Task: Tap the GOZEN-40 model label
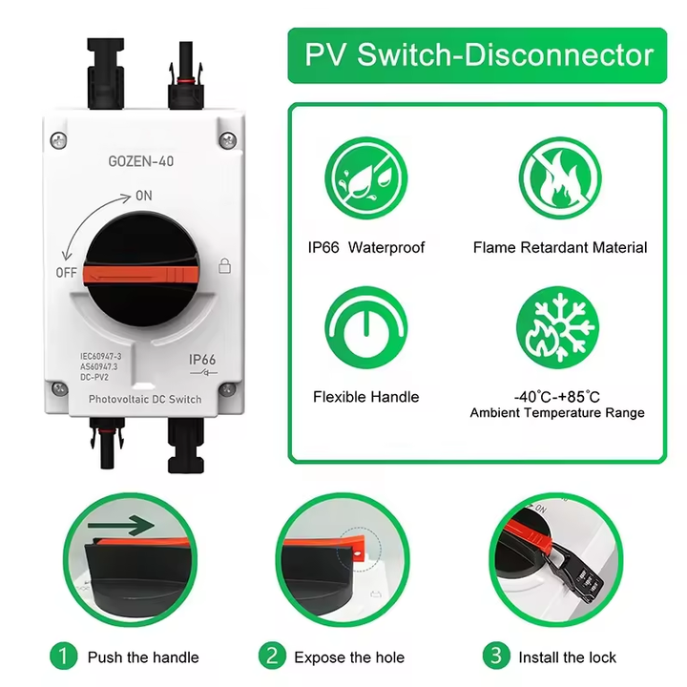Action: [x=141, y=161]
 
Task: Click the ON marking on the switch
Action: [x=144, y=195]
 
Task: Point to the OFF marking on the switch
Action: [x=66, y=272]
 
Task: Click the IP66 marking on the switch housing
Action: [x=202, y=360]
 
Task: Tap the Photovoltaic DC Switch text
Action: [x=145, y=399]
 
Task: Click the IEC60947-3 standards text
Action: [x=101, y=356]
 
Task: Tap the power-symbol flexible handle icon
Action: [x=365, y=329]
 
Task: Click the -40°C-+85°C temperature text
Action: [x=557, y=396]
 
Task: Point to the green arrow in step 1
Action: [x=119, y=525]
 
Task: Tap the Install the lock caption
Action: [x=567, y=657]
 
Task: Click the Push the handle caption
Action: [x=143, y=657]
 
